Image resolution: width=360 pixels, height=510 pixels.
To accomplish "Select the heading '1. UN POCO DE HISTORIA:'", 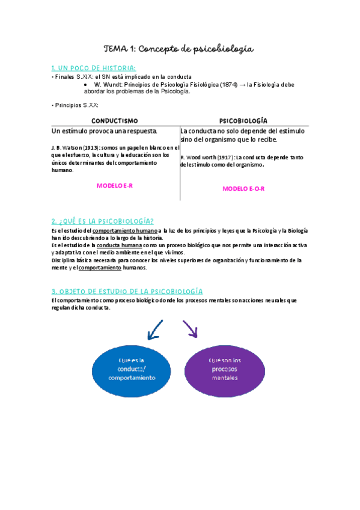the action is pyautogui.click(x=94, y=67).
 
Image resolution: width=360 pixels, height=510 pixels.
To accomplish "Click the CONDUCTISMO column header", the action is pyautogui.click(x=115, y=120).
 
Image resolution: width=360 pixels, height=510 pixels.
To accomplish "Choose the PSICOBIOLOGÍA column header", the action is pyautogui.click(x=243, y=120).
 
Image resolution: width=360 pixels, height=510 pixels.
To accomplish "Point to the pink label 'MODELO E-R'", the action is pyautogui.click(x=115, y=186).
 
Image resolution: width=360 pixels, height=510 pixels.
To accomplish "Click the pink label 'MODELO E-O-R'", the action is pyautogui.click(x=243, y=188).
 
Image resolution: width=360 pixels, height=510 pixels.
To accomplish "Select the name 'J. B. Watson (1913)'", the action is pyautogui.click(x=75, y=148).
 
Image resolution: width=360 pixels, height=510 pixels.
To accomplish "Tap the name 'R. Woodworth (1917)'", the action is pyautogui.click(x=203, y=157).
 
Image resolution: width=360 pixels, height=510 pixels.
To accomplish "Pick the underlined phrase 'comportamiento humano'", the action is pyautogui.click(x=125, y=230).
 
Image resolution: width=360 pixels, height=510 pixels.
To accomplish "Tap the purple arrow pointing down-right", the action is pyautogui.click(x=191, y=328).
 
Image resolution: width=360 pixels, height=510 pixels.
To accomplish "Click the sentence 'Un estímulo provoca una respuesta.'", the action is pyautogui.click(x=105, y=131).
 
